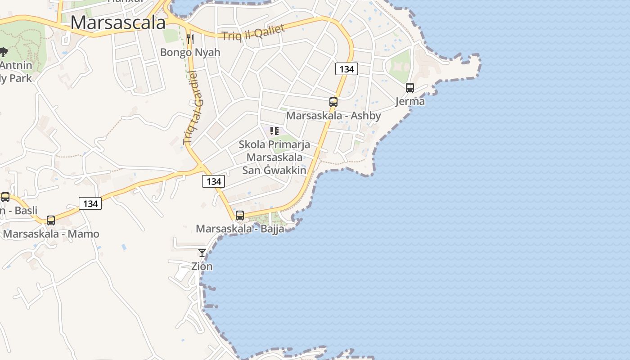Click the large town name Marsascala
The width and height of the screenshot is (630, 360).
pos(118,22)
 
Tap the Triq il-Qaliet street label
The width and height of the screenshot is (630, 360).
pos(254,33)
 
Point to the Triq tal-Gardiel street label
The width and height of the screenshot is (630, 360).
pos(193,108)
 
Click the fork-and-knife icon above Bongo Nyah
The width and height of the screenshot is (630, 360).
pos(190,39)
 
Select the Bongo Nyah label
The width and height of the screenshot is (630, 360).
pos(190,52)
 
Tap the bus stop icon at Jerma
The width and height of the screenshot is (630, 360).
pos(409,88)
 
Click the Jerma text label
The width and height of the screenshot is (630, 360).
pos(409,101)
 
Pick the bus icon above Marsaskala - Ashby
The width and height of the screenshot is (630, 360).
pos(333,102)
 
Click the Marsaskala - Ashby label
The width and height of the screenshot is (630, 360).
pos(333,116)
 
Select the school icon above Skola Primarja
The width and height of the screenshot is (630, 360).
pos(274,131)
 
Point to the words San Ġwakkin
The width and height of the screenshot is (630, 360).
pos(274,171)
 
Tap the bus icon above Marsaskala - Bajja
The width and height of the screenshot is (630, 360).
pos(240,216)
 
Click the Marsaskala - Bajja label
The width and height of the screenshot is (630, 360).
pos(240,229)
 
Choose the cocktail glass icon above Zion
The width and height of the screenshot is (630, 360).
pos(202,253)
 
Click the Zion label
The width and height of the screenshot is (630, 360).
pos(202,266)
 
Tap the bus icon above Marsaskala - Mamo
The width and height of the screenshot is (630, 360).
pos(51,220)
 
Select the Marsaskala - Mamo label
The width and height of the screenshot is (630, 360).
pos(51,234)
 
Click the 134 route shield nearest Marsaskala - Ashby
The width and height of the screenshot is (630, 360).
pos(346,69)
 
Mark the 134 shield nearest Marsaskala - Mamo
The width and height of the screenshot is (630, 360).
pos(90,203)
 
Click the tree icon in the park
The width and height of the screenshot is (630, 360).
pos(4,52)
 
